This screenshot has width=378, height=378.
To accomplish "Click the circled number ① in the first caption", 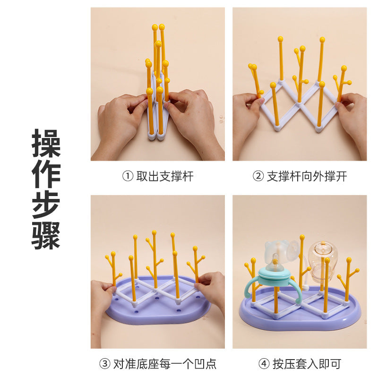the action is (128, 176).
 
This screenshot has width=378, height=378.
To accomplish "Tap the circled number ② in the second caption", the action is (258, 176).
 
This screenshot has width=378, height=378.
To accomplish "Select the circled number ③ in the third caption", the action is (105, 363).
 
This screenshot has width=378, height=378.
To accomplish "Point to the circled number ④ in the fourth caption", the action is (264, 363).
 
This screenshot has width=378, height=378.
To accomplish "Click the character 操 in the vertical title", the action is (46, 143).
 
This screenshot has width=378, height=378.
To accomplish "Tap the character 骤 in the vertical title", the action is (46, 235).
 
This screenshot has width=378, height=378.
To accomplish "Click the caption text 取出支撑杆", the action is (165, 176).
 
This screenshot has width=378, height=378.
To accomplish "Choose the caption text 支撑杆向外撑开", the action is (307, 176).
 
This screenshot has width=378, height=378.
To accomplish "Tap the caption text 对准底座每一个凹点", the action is (165, 363).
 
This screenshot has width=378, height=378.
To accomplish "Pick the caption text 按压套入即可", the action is (307, 363).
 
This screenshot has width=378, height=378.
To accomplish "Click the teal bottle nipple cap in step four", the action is (275, 275).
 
